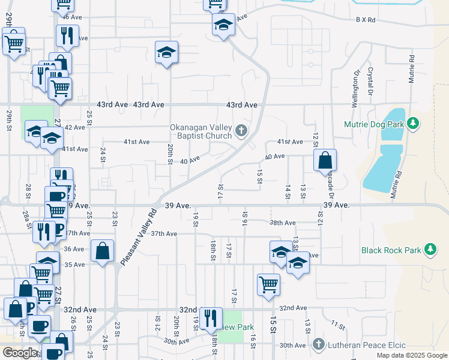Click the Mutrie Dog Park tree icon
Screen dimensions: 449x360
tap(412, 124)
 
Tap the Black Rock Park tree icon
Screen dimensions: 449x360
tap(430, 250)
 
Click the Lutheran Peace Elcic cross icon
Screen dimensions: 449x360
tap(319, 345)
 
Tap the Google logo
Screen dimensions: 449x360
tap(20, 353)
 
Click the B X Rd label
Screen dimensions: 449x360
tap(365, 20)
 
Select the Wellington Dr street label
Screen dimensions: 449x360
tap(356, 83)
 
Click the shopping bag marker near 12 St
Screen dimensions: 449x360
tap(325, 160)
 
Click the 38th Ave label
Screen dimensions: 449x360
tap(283, 223)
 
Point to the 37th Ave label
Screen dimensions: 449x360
tap(164, 233)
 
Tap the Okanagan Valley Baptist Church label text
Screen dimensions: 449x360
tap(200, 131)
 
